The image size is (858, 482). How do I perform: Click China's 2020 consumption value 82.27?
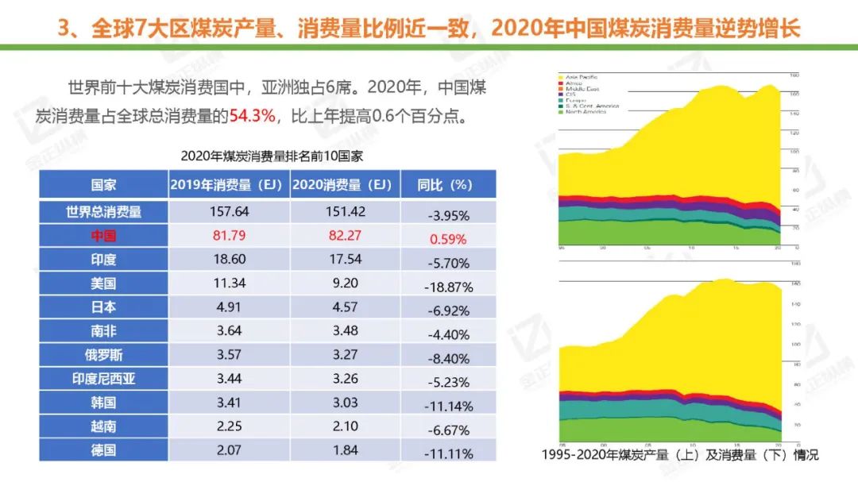point(345,236)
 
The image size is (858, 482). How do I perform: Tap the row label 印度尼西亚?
point(104,380)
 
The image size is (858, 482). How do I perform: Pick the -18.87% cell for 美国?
point(449,287)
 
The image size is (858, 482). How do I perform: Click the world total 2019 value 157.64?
point(230,212)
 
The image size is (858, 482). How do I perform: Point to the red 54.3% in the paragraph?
point(253,116)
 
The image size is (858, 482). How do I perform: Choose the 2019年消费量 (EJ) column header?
point(228,185)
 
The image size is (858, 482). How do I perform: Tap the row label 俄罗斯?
point(104,355)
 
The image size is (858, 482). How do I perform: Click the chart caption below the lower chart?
point(679,455)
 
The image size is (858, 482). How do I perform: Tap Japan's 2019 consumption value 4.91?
point(230,307)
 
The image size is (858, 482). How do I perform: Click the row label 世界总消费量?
point(104,212)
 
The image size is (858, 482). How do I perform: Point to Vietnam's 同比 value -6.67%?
point(449,430)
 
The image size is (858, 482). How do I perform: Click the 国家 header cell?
point(104,185)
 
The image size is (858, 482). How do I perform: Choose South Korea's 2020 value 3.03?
point(345,403)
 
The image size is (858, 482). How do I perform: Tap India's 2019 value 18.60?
point(230,260)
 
